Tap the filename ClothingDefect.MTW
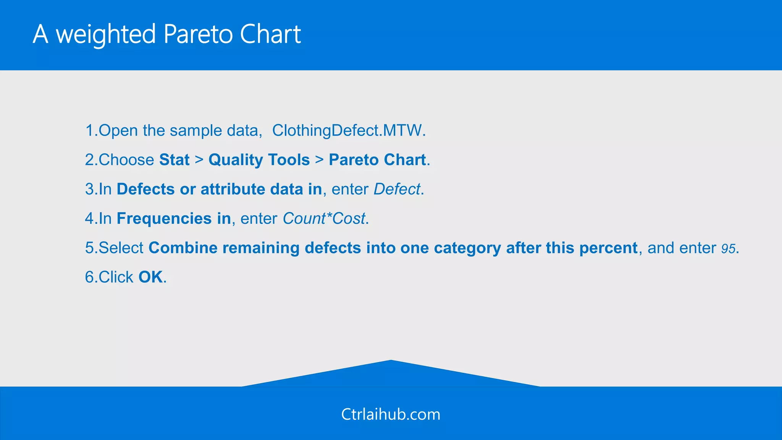(x=348, y=131)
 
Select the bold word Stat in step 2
(x=174, y=160)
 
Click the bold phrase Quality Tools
(x=259, y=160)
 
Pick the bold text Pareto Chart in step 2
(x=377, y=160)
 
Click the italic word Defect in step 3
(x=397, y=189)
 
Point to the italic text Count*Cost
(x=324, y=218)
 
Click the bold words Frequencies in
(x=174, y=218)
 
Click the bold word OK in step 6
(x=150, y=277)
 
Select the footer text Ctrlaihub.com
(x=391, y=414)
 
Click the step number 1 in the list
(x=89, y=131)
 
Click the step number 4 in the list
(x=89, y=218)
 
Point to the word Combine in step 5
(x=183, y=248)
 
